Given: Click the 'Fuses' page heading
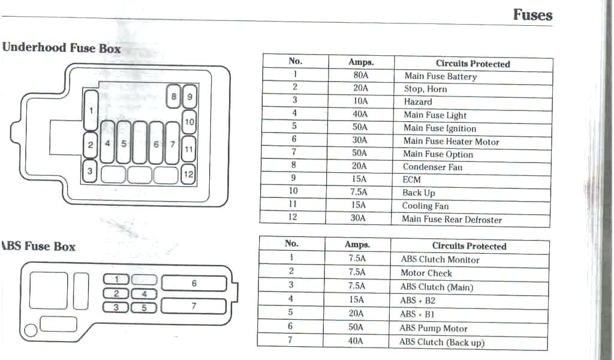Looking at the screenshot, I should [532, 14].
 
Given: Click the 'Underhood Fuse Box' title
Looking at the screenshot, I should [61, 48].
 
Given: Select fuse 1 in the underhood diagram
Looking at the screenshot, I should [91, 110].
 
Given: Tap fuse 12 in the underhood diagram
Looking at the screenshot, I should [188, 174].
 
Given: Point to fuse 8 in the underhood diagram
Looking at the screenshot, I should [173, 96].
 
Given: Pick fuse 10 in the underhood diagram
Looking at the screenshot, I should [189, 122].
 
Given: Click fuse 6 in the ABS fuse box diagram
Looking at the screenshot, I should [194, 283].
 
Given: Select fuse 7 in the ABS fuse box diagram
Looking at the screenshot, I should [194, 306].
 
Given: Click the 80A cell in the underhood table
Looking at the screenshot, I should [360, 76].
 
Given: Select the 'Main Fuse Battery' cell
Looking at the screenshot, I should [440, 76].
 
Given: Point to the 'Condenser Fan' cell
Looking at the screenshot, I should [432, 167].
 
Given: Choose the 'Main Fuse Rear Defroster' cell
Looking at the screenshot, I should [452, 220].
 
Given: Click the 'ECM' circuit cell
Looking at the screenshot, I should [411, 179].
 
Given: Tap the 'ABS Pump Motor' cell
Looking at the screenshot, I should [433, 329].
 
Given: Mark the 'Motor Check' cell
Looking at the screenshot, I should [426, 273].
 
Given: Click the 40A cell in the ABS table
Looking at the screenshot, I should [356, 341].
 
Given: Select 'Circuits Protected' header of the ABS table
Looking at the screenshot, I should [469, 246].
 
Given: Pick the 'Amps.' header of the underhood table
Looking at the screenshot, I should [361, 62].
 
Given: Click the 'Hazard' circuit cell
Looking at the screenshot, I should [417, 102].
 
